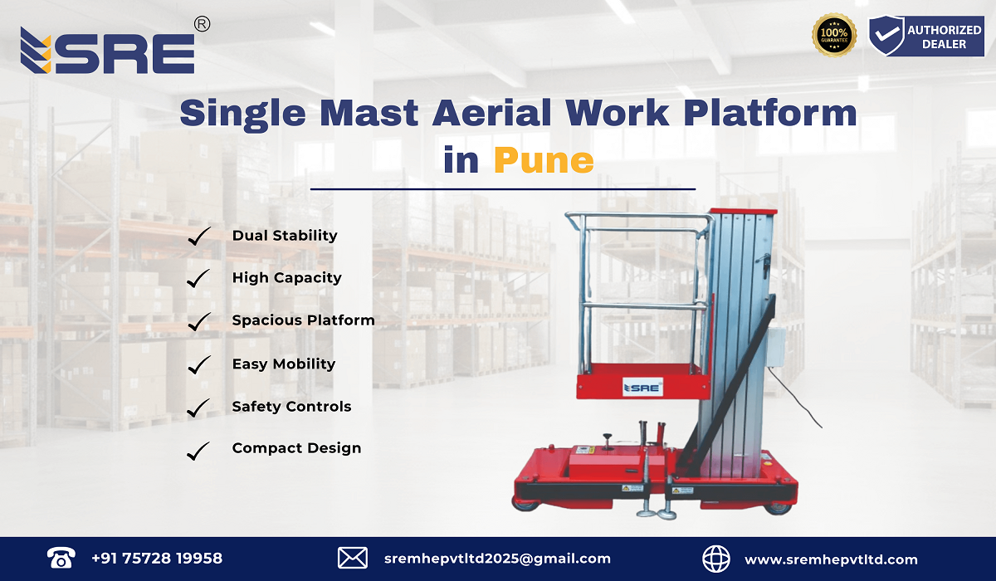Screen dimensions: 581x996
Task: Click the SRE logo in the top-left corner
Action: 108,51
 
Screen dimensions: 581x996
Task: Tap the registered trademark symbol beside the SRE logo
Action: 201,25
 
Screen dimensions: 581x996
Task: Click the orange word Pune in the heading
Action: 544,159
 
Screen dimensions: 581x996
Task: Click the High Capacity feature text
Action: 286,278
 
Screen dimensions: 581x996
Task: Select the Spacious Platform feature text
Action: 303,320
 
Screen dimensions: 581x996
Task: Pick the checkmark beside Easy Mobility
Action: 198,364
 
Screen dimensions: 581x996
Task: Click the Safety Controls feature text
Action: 291,407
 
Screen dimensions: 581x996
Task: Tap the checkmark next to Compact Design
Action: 198,450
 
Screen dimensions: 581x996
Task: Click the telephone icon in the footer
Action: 61,557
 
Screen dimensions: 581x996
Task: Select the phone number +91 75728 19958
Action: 157,559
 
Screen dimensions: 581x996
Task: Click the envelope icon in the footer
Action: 353,558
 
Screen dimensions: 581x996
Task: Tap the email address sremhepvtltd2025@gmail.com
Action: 497,559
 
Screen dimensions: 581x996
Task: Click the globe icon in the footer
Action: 716,558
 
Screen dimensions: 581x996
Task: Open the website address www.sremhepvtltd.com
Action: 831,559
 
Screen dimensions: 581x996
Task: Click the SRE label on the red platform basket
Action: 642,386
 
